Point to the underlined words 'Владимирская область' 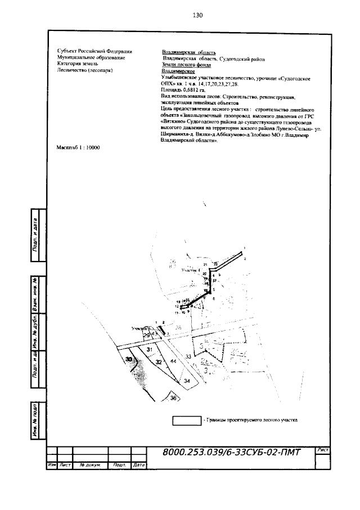tap(184, 52)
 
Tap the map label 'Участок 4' tap(191, 270)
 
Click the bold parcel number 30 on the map tap(129, 359)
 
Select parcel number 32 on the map tap(159, 362)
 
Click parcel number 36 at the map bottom tap(173, 398)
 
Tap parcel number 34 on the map tap(187, 381)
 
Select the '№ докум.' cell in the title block tap(90, 466)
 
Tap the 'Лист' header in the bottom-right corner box tap(323, 450)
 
